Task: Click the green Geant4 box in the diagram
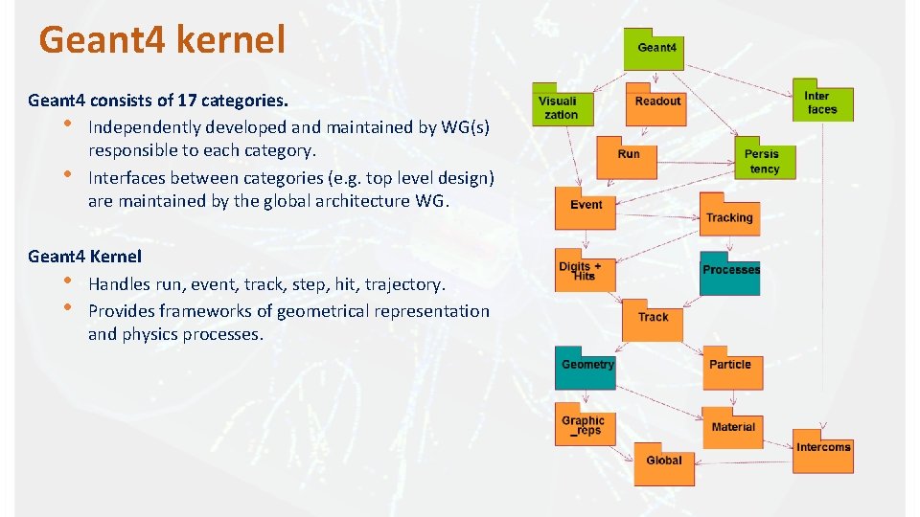click(655, 49)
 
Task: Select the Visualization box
click(562, 107)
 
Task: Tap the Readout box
click(657, 103)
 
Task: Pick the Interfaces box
click(822, 101)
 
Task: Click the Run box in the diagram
click(629, 156)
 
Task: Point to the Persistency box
click(763, 161)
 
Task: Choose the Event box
click(586, 208)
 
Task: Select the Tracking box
click(729, 216)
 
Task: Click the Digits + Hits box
click(583, 272)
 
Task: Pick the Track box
click(653, 319)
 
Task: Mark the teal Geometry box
click(586, 368)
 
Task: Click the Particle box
click(730, 368)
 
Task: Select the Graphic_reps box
click(584, 426)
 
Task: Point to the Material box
click(733, 427)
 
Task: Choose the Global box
click(663, 462)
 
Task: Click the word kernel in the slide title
click(240, 40)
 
